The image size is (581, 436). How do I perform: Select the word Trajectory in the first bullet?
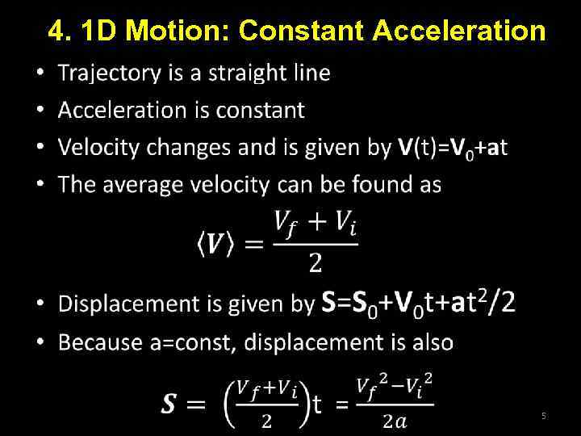point(110,73)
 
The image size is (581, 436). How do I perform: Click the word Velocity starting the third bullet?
point(99,148)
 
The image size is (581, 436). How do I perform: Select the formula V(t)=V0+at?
point(453,148)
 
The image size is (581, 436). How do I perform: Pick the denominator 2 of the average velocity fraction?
point(316,262)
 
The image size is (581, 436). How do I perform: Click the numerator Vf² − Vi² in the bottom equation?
point(395,384)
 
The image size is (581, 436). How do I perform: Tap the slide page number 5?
point(543,416)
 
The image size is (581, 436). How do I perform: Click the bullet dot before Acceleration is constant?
point(40,110)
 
